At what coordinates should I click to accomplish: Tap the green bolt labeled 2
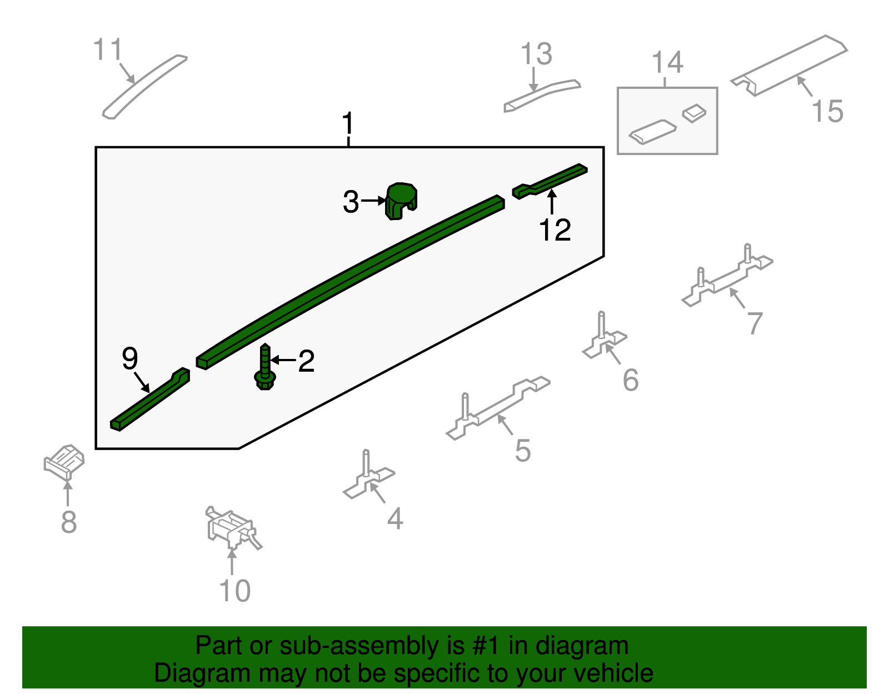click(264, 367)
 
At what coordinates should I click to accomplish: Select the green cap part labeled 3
click(401, 201)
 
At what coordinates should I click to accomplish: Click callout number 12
click(555, 230)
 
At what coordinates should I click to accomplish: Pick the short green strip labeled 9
click(149, 399)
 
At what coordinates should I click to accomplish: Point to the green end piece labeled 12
click(550, 181)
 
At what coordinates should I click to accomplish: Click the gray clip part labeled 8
click(64, 462)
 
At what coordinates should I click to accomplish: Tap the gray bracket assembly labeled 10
click(232, 528)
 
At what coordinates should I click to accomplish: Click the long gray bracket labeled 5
click(497, 408)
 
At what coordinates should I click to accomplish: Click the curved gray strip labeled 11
click(144, 86)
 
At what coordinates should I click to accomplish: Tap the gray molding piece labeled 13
click(542, 96)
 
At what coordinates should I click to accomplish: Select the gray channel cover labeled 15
click(789, 66)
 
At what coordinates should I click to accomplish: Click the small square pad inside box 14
click(694, 113)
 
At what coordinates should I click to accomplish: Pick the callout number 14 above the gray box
click(667, 62)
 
